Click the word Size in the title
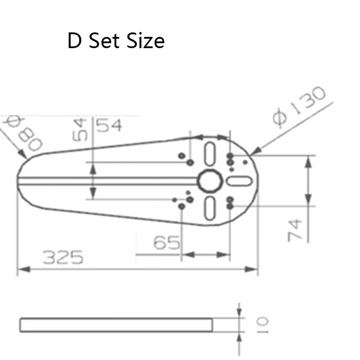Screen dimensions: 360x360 coord(145,40)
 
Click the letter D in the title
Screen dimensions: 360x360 coord(75,40)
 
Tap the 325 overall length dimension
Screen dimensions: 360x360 coord(63,257)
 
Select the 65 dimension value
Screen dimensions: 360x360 coord(167,243)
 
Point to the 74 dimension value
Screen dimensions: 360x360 coord(295,230)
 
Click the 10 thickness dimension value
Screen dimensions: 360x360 coord(262,325)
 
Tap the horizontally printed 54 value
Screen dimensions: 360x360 coord(109,126)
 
